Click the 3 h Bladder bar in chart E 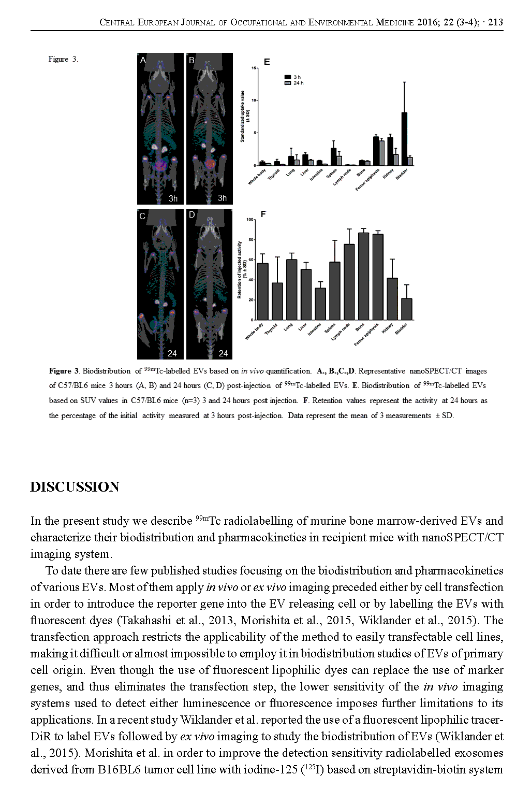(404, 139)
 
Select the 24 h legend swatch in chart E (288, 83)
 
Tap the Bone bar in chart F (364, 276)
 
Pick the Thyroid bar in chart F (277, 301)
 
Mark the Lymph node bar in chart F (349, 282)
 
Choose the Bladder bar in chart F (407, 309)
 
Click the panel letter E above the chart (267, 62)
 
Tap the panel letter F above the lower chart (263, 214)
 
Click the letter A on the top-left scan (143, 60)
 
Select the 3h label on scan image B (222, 198)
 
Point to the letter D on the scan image (192, 214)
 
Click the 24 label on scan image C (172, 353)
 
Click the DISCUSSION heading (75, 487)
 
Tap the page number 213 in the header (495, 22)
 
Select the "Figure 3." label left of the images (63, 59)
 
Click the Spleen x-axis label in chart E (332, 173)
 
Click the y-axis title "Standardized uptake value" (242, 116)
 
